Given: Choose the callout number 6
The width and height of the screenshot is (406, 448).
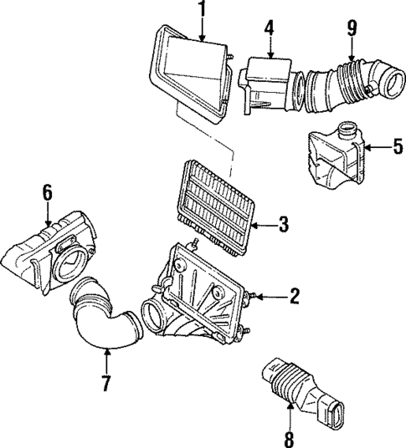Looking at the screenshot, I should tap(48, 193).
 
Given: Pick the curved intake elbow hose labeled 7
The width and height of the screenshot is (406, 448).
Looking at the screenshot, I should tap(104, 321).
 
